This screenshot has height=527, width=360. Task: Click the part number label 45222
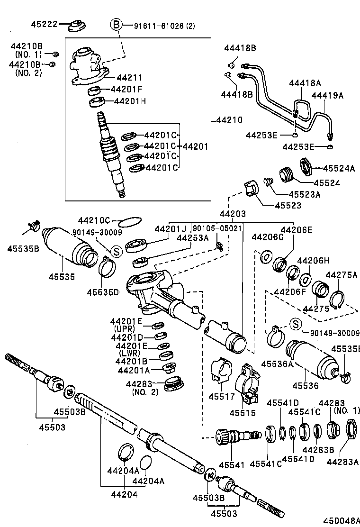tap(31, 24)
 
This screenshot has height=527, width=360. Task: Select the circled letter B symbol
tap(116, 25)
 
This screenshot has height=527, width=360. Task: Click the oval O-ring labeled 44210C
tap(129, 221)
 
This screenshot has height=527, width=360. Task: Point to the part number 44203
tap(233, 214)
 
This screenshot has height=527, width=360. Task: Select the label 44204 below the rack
tap(124, 494)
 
